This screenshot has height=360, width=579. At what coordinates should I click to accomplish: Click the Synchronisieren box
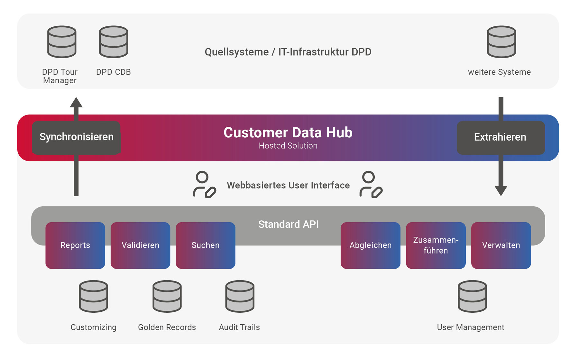coord(76,137)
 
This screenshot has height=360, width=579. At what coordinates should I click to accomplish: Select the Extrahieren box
coord(501,137)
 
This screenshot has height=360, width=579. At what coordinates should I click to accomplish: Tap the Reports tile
coord(75,245)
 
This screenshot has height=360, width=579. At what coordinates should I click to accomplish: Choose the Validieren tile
coord(140,245)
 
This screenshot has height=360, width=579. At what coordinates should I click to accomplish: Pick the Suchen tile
coord(206,245)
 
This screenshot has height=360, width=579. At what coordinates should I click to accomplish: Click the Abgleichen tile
coord(371,245)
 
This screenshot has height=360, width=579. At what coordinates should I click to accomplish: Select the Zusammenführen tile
coord(436,245)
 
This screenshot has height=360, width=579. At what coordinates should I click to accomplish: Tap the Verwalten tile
coord(501,245)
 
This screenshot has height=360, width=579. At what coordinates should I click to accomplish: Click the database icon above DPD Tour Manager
coord(62,42)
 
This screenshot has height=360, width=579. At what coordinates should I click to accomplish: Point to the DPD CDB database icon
coord(114,42)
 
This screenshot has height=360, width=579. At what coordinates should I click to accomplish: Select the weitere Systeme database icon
coord(501,42)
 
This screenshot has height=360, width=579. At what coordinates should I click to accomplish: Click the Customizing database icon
coord(94,296)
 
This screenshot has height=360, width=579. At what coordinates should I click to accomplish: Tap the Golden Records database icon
coord(167,296)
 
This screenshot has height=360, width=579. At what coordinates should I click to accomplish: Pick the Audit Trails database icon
coord(240,296)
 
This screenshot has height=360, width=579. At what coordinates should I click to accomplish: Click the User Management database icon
coord(472,296)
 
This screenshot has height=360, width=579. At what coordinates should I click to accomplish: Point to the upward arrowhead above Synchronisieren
coord(76,103)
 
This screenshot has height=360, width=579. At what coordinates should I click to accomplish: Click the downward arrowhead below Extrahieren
coord(501,190)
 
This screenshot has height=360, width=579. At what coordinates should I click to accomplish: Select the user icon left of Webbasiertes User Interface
coord(204,184)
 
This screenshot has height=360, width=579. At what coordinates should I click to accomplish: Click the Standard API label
coord(288,224)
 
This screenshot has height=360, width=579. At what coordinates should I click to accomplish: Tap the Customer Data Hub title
coord(288,133)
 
